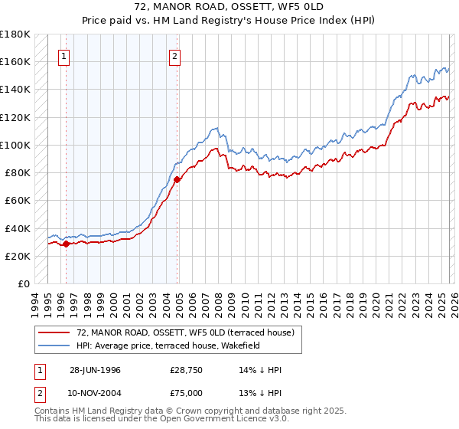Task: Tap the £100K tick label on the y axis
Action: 15,145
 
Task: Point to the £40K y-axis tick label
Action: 17,228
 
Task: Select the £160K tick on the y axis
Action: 15,61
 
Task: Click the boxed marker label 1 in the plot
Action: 63,55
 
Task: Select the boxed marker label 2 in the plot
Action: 175,55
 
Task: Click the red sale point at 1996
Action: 66,244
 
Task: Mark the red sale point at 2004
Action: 177,179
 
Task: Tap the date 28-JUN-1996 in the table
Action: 96,370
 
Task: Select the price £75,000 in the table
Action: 187,392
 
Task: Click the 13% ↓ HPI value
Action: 261,392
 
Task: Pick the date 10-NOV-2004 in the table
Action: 96,392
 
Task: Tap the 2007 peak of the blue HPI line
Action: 217,128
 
